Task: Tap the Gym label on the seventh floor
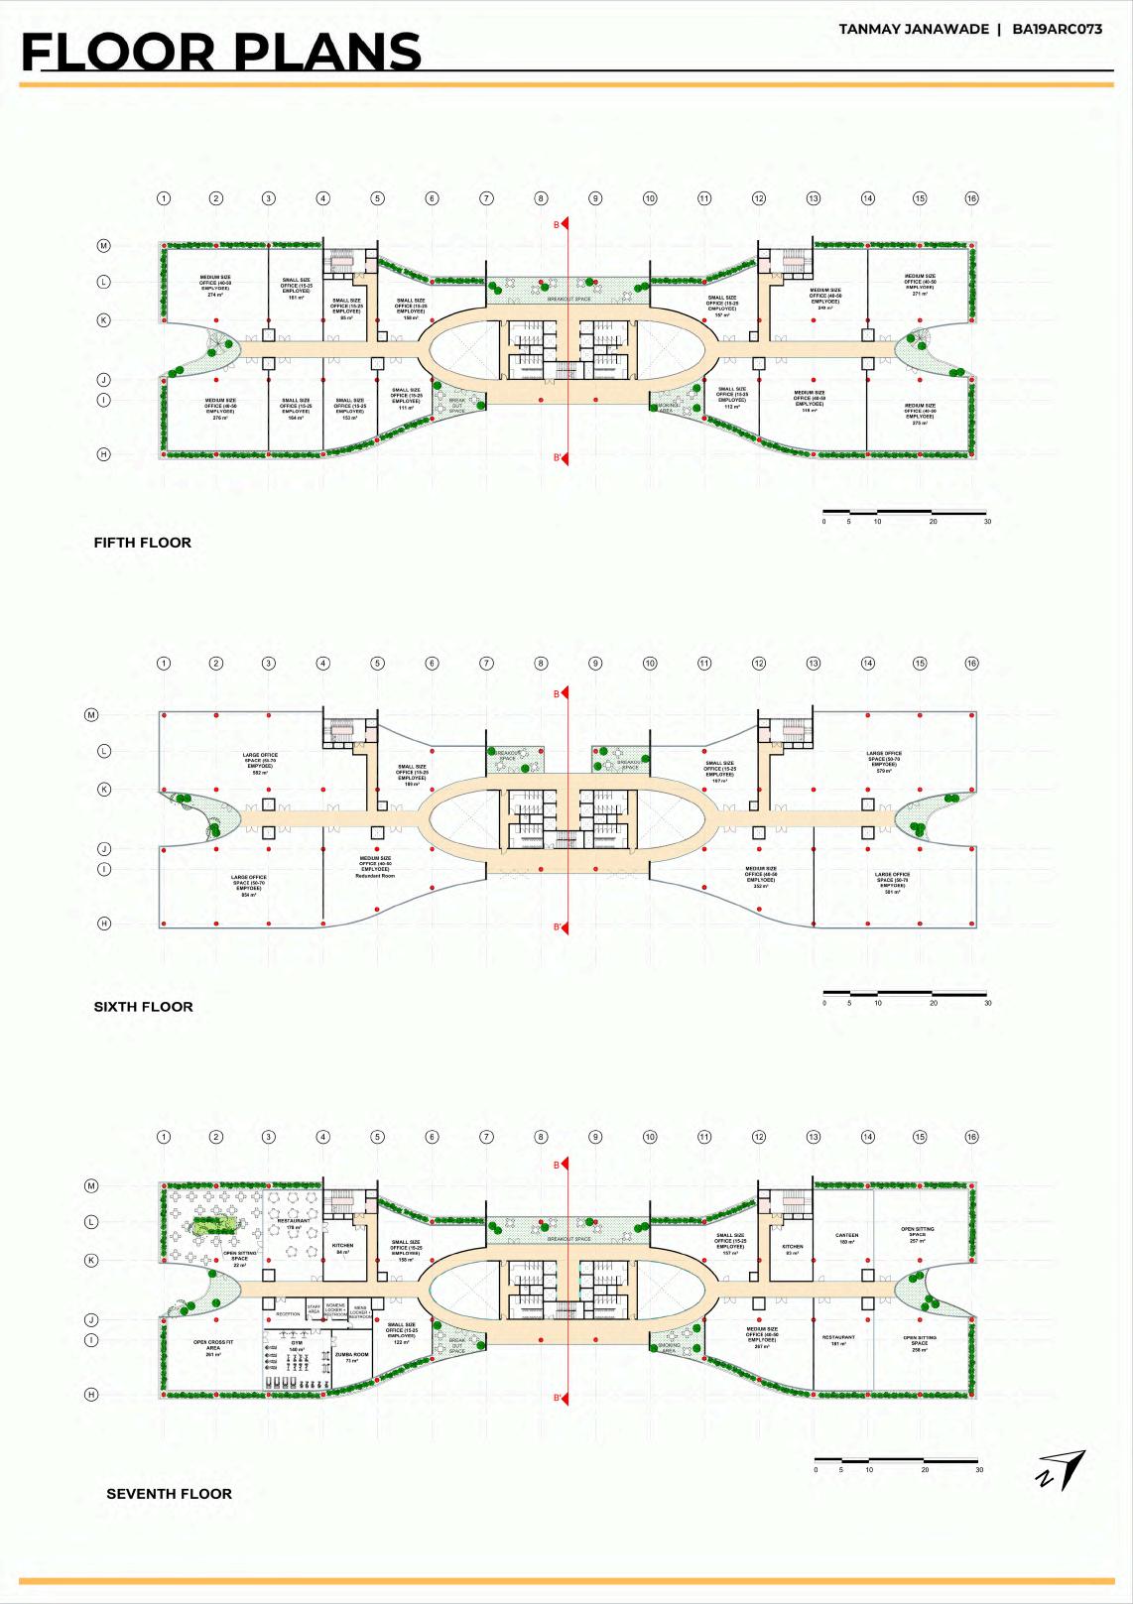pyautogui.click(x=297, y=1345)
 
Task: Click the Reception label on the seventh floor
pyautogui.click(x=288, y=1314)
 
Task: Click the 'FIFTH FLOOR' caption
pyautogui.click(x=142, y=543)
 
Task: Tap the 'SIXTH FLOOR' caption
pyautogui.click(x=143, y=1007)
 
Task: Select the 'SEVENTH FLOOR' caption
pyautogui.click(x=155, y=1494)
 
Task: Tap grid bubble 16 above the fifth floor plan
pyautogui.click(x=971, y=198)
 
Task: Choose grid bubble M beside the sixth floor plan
pyautogui.click(x=91, y=714)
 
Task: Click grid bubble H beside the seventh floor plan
pyautogui.click(x=91, y=1395)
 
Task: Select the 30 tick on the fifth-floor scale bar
pyautogui.click(x=987, y=521)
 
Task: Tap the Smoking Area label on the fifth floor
pyautogui.click(x=667, y=407)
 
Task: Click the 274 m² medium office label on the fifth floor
pyautogui.click(x=215, y=286)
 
